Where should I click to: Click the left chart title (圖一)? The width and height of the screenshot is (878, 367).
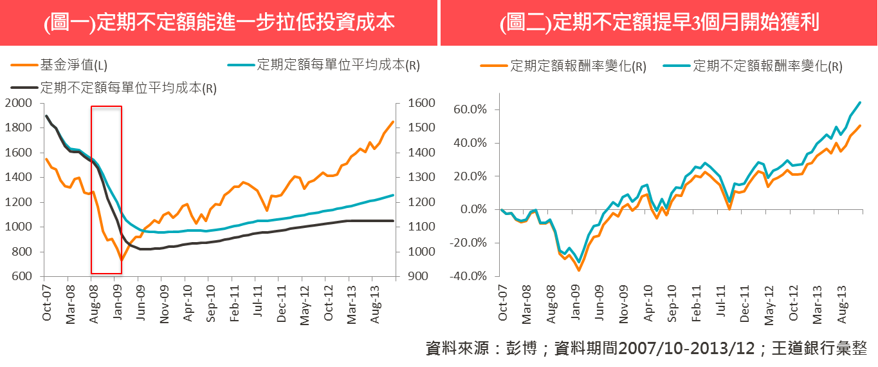(219, 23)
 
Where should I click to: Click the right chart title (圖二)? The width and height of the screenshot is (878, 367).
(659, 23)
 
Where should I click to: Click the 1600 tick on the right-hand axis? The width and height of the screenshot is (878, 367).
(409, 103)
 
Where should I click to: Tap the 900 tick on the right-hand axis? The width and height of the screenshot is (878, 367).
(407, 277)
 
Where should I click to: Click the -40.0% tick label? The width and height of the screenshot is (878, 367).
(474, 277)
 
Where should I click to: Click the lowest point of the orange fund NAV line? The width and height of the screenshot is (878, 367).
(120, 260)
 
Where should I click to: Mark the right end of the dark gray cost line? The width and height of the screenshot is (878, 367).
(393, 221)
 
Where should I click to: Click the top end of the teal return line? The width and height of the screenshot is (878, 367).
(860, 102)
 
